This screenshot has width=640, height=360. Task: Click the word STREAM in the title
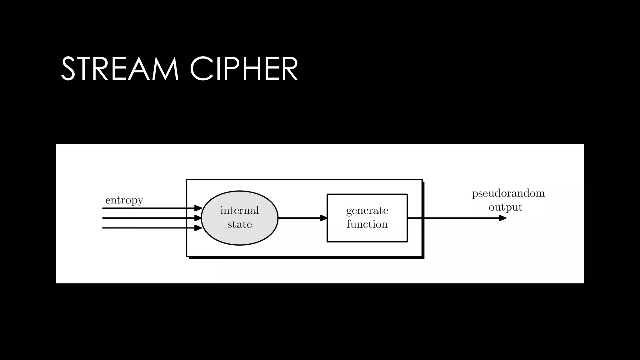point(120,69)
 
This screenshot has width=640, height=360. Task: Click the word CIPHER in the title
point(243,69)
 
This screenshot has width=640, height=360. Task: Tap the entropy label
point(124,200)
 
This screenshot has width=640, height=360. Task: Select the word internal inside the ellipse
point(239,210)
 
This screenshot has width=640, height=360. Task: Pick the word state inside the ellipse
point(239,224)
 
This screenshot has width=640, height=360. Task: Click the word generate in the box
point(367,211)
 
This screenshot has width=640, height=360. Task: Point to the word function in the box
point(367,224)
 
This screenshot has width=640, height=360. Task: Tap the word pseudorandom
point(508,193)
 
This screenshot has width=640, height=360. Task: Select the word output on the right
point(505,207)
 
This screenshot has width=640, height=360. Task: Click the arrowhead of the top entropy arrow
point(198,208)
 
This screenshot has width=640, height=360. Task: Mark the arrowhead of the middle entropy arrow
point(198,218)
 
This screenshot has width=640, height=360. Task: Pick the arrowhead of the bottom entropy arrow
point(198,228)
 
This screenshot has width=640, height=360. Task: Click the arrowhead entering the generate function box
point(323,218)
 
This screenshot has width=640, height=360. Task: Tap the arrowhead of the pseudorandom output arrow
point(502,218)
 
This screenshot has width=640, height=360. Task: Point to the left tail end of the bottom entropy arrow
point(103,228)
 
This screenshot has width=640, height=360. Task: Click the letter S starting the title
point(68,69)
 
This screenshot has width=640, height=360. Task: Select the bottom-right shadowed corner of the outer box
point(423,257)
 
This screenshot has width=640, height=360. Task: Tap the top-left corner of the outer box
point(187,180)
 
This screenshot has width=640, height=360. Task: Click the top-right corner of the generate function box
point(407,195)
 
